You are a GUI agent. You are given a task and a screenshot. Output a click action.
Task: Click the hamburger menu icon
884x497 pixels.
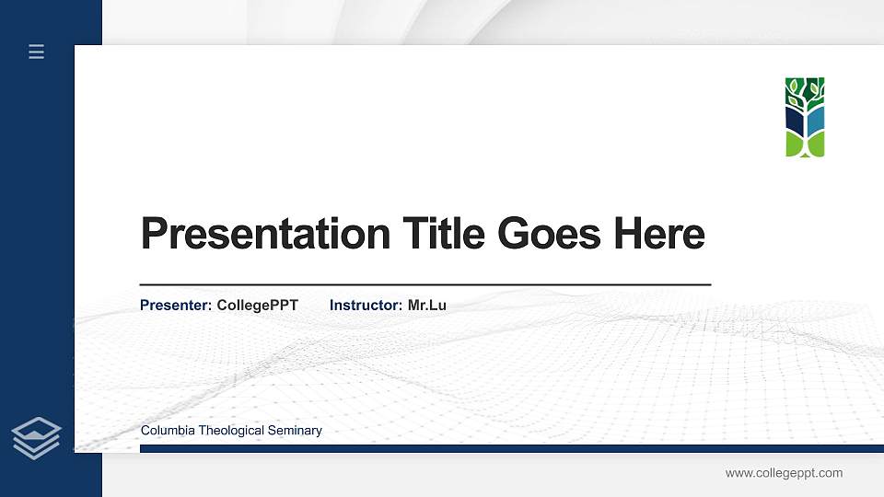[x=37, y=52]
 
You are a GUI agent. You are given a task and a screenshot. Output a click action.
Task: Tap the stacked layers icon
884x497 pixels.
[x=37, y=437]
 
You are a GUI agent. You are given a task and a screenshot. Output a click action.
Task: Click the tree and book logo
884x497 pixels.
[x=805, y=117]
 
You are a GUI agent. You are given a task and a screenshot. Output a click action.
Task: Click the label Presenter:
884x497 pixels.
[x=176, y=305]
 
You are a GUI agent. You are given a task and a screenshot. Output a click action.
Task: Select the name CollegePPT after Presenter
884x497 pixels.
[x=258, y=305]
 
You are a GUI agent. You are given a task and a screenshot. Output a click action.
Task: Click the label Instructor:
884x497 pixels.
[x=366, y=305]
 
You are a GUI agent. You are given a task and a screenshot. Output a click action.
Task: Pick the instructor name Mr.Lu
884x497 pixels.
[x=427, y=305]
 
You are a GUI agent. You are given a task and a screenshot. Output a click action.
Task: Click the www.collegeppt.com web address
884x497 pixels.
[x=784, y=473]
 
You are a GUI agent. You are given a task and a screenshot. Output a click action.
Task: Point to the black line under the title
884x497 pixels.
[x=425, y=285]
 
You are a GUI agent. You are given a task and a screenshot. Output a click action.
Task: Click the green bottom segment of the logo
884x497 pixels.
[x=805, y=144]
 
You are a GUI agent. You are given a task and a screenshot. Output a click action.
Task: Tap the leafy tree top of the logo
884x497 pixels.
[x=805, y=89]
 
